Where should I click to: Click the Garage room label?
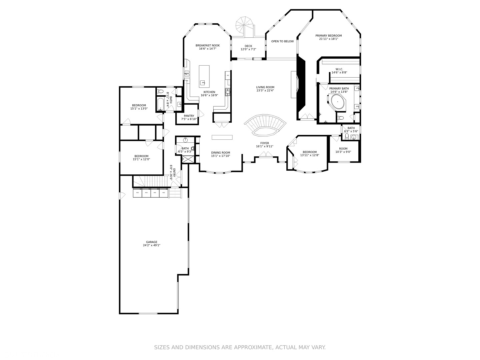click(151, 242)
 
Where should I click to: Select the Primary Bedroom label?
click(328, 36)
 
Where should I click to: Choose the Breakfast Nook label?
click(207, 45)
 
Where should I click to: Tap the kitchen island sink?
click(203, 83)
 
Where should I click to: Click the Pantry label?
click(189, 116)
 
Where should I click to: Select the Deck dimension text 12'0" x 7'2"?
click(248, 49)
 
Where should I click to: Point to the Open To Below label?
click(282, 41)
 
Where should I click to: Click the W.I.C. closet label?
click(339, 69)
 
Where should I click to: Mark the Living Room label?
click(265, 87)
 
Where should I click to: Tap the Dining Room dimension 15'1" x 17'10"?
click(220, 156)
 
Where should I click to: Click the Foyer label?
click(264, 143)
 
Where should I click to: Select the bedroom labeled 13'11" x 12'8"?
click(309, 152)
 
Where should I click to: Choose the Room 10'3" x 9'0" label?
click(343, 149)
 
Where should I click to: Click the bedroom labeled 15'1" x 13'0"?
click(139, 105)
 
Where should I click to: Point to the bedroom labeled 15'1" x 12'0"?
click(141, 156)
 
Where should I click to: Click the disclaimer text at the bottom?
click(240, 347)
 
